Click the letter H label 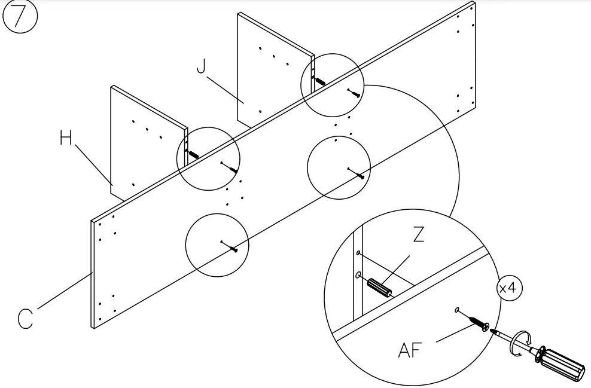coord(66,139)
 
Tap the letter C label coord(25,319)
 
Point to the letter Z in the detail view coord(419,234)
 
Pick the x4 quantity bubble coord(510,288)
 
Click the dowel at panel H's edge coord(193,154)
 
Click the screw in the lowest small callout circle coord(232,247)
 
